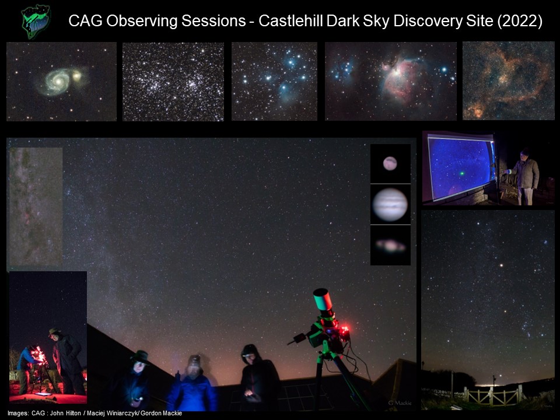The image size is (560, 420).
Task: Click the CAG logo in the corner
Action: click(x=36, y=22)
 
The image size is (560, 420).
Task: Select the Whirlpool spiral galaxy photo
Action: click(x=61, y=82)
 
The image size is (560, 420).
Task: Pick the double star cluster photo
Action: click(x=173, y=82)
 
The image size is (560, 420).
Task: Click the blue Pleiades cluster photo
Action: click(x=274, y=82)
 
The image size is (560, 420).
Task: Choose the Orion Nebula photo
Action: click(x=391, y=81)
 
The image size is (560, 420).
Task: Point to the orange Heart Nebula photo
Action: click(x=509, y=80)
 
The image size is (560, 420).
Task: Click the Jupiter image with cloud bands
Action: click(x=390, y=205)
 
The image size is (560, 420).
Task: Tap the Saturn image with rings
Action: click(x=390, y=246)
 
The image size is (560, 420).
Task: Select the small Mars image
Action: click(x=390, y=163)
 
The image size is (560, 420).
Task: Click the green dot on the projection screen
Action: click(x=462, y=174)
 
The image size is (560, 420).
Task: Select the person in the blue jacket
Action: click(x=193, y=384)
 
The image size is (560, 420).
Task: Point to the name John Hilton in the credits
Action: click(x=65, y=413)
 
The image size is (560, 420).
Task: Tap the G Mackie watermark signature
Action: click(x=400, y=403)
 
